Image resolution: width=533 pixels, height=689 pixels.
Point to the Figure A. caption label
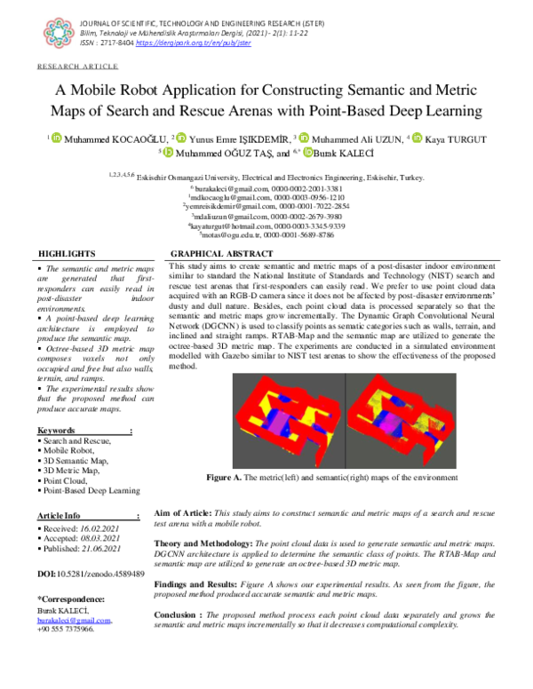click(226, 478)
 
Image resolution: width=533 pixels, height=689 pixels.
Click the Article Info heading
click(59, 516)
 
